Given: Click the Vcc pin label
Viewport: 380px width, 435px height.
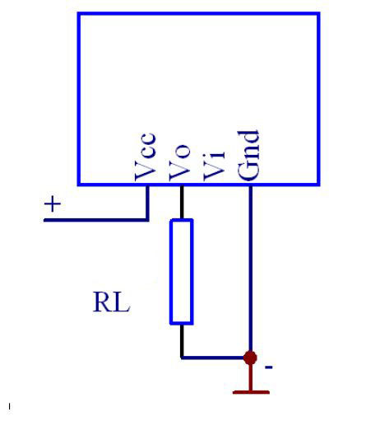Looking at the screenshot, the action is [x=145, y=157].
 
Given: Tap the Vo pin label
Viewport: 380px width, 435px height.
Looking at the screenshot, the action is [x=179, y=162].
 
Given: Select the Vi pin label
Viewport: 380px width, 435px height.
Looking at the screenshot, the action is [x=214, y=166].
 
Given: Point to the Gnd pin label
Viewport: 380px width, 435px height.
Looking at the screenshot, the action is [x=248, y=156].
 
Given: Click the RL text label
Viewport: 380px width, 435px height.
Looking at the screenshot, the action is [x=111, y=302].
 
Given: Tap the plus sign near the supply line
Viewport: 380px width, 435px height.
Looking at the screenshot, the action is [x=53, y=204].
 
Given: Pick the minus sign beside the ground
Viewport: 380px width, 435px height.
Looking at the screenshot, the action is [x=269, y=367].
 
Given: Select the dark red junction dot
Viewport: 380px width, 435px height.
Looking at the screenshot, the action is [x=250, y=358].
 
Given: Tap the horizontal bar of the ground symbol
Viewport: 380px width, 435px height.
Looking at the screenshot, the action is [x=251, y=392].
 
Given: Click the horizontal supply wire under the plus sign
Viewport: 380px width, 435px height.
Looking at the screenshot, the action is [x=96, y=220].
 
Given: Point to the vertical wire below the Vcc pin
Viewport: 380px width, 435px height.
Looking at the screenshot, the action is [x=147, y=203].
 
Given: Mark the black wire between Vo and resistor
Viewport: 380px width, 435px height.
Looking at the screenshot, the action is [x=182, y=202].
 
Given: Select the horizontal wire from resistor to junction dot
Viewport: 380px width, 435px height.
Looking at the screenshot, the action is [x=212, y=358].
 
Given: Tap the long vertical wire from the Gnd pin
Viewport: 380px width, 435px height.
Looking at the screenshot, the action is [x=250, y=269].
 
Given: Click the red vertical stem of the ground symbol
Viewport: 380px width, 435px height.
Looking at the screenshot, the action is [x=250, y=377].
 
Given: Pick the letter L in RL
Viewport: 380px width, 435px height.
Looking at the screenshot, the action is [x=121, y=302].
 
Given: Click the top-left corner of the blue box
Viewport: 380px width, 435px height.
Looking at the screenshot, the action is [x=79, y=13].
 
